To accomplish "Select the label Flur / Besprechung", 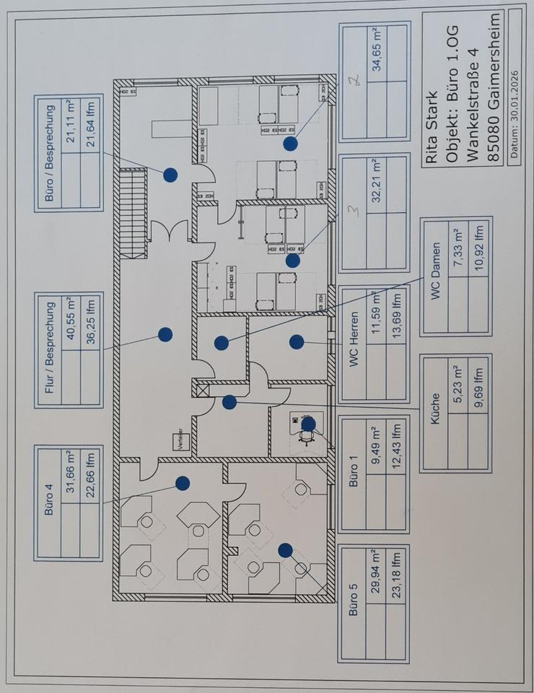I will (48, 347).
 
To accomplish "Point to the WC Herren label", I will (354, 344).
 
